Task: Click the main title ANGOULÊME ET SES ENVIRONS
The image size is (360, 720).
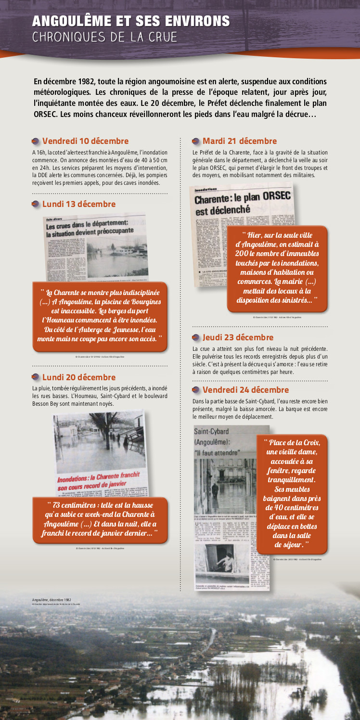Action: (131, 21)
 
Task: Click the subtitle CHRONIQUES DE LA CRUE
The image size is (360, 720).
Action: (104, 37)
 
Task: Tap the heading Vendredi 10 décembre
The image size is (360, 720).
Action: (85, 141)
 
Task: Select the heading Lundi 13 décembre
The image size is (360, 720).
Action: (79, 204)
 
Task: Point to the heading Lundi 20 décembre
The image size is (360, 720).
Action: (79, 377)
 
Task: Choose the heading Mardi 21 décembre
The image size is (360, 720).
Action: (240, 141)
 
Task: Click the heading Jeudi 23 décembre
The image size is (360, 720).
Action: (238, 337)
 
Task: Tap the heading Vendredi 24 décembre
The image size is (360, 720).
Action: (245, 390)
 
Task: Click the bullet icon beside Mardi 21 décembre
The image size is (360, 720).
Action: (196, 141)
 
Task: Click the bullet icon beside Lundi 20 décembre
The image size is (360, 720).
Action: (36, 378)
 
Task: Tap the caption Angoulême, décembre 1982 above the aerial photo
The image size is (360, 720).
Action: (51, 600)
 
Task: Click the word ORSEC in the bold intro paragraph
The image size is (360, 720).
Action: (46, 114)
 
